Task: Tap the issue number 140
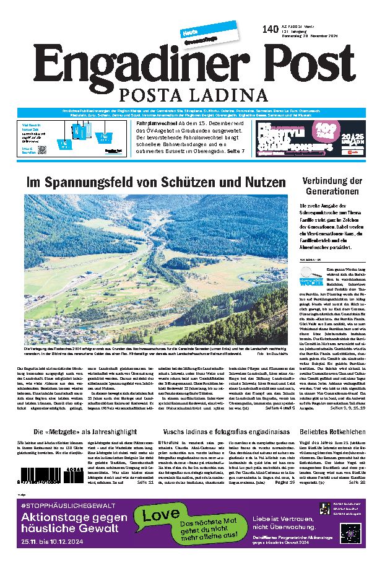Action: coord(270,29)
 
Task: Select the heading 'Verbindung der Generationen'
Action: coord(331,186)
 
